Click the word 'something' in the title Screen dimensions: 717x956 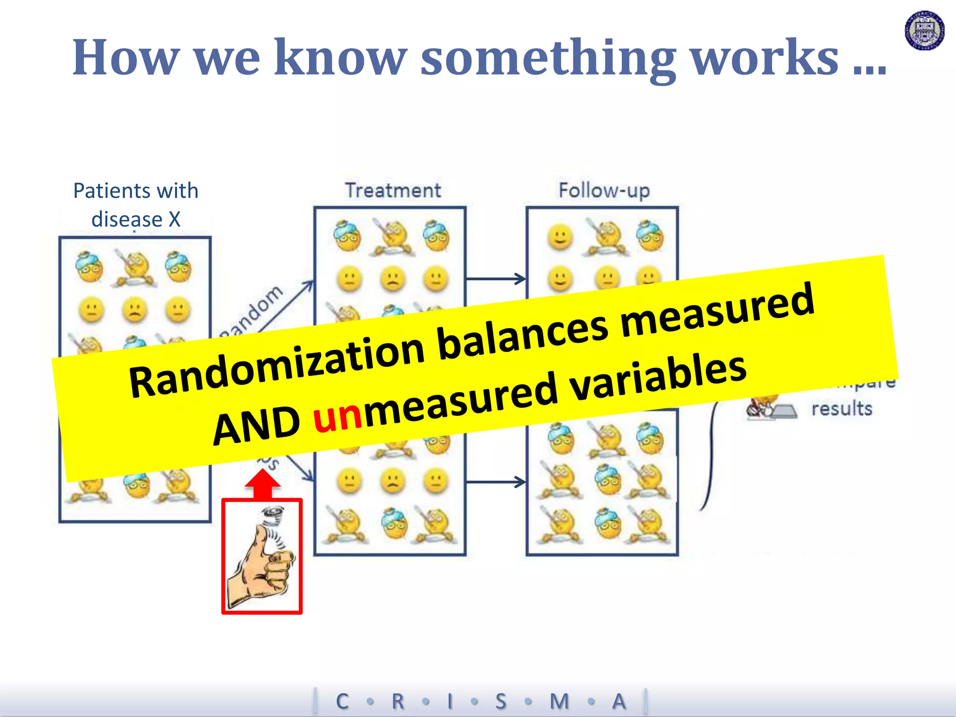[548, 58]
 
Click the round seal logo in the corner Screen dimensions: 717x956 [924, 31]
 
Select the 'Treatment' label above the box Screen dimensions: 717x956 [393, 190]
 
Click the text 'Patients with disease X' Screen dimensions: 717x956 [136, 205]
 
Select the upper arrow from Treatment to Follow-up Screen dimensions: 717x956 [496, 279]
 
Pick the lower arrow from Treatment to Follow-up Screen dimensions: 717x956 [496, 482]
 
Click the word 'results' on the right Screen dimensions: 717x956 [842, 409]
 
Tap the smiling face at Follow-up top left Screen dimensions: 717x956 [560, 237]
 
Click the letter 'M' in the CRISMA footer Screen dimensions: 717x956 [559, 701]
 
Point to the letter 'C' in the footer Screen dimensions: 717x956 [342, 701]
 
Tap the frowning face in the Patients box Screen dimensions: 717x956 [134, 310]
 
